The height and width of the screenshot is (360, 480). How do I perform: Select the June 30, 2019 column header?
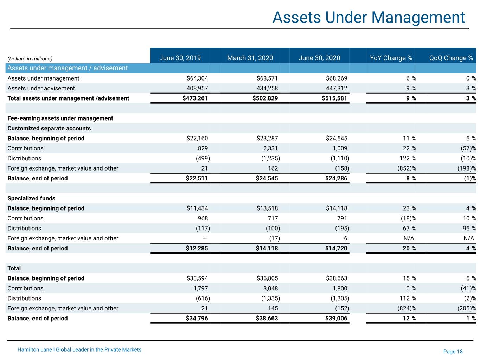pyautogui.click(x=180, y=58)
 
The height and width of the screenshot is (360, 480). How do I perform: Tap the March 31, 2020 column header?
pyautogui.click(x=250, y=58)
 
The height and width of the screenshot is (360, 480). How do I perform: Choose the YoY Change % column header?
pyautogui.click(x=391, y=58)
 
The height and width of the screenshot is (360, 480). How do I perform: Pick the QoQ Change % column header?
pyautogui.click(x=451, y=58)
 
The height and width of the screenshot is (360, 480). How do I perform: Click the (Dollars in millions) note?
pyautogui.click(x=30, y=59)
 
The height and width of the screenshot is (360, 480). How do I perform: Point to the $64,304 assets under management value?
pyautogui.click(x=197, y=78)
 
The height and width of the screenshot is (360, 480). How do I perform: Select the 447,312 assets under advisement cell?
pyautogui.click(x=336, y=88)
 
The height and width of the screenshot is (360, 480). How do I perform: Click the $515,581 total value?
pyautogui.click(x=334, y=98)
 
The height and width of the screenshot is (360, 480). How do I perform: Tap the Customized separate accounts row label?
pyautogui.click(x=49, y=128)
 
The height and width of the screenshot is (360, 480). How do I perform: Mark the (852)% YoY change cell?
pyautogui.click(x=407, y=168)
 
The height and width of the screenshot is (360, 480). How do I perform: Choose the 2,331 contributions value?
pyautogui.click(x=270, y=148)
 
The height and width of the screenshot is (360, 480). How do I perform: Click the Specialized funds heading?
pyautogui.click(x=31, y=198)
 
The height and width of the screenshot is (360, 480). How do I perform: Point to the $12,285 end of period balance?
pyautogui.click(x=197, y=248)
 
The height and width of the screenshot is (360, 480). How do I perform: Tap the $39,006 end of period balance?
pyautogui.click(x=336, y=318)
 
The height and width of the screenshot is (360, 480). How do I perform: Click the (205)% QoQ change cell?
pyautogui.click(x=466, y=308)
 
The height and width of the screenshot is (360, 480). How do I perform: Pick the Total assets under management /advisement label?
pyautogui.click(x=68, y=98)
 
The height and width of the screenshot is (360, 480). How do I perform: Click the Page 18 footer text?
pyautogui.click(x=453, y=351)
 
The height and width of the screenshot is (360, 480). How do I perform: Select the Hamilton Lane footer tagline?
pyautogui.click(x=79, y=349)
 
